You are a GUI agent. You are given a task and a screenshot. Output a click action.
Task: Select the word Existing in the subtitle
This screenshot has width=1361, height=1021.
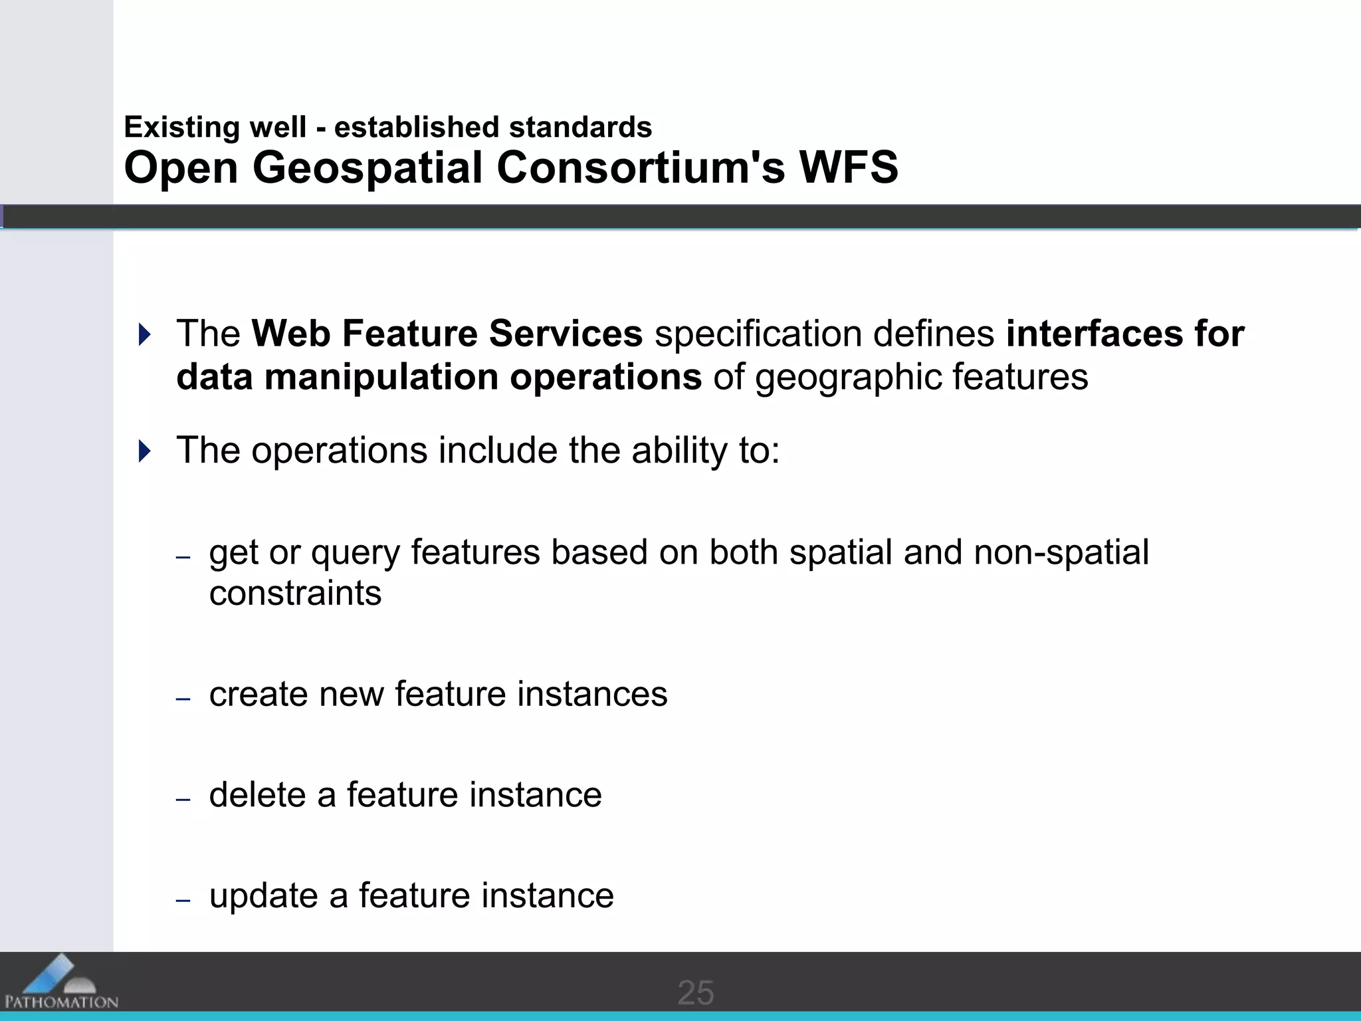[x=181, y=127]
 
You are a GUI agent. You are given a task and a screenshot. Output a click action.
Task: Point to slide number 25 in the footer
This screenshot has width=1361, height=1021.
[x=695, y=993]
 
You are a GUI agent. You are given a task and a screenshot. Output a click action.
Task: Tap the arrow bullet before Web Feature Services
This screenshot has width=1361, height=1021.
[x=144, y=334]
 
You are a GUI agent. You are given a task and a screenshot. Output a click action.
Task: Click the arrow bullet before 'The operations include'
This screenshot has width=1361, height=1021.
[x=144, y=451]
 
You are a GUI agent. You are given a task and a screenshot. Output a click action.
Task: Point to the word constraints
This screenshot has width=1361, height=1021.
[x=295, y=593]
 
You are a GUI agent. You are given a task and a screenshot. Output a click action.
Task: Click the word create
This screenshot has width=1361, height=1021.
[x=259, y=694]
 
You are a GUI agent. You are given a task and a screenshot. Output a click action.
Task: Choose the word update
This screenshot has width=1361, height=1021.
[x=263, y=896]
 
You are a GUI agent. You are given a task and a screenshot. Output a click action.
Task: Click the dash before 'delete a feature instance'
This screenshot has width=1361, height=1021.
[x=183, y=800]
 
